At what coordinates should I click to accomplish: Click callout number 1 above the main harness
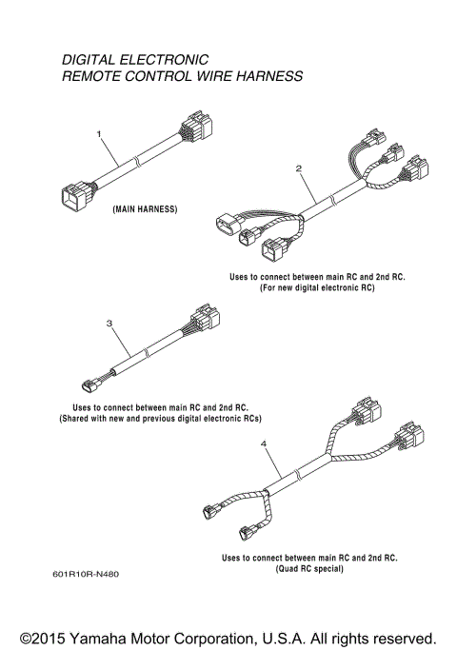click(x=98, y=136)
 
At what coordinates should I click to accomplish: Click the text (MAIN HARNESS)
click(x=145, y=207)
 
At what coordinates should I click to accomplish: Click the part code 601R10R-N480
click(x=87, y=574)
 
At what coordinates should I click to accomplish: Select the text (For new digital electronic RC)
click(x=317, y=288)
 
